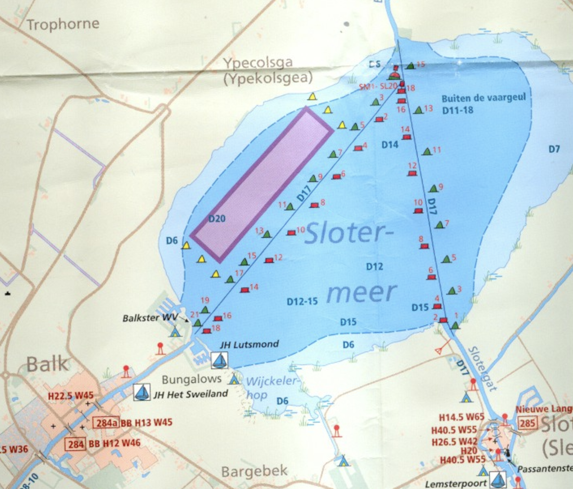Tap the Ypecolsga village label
coord(258,63)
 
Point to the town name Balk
coord(48,364)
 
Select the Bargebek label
coord(254,472)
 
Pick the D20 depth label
coord(217,218)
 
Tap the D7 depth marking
coord(554,149)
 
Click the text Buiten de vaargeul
coord(483,98)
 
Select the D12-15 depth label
coord(302,301)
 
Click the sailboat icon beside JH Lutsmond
coord(220,360)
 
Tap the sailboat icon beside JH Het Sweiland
coord(142,392)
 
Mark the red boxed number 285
coord(527,423)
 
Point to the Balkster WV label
coord(149,318)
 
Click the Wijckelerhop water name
coord(272,386)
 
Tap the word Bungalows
coord(191,379)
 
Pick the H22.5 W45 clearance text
coord(71,396)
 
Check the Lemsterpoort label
coord(456,484)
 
